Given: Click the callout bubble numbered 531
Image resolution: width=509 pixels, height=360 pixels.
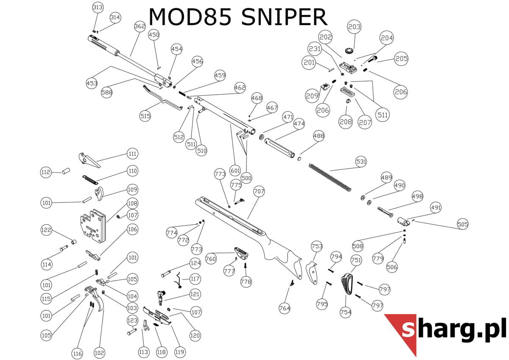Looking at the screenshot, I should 361,162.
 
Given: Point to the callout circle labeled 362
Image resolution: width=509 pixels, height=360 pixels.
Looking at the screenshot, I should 140,26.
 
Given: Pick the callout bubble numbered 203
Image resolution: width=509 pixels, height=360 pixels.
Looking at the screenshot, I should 354,27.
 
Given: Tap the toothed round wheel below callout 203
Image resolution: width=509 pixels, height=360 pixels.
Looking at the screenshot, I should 350,51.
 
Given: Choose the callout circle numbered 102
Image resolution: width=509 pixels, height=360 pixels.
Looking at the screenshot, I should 99,353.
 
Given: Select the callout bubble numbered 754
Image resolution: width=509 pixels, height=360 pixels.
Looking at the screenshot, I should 346,312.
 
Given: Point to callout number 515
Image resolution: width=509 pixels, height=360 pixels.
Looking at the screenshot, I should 145,115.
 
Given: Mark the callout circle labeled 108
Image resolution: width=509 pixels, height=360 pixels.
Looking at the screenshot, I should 133,203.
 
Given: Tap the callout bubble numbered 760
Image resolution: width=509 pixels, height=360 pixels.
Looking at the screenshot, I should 211,259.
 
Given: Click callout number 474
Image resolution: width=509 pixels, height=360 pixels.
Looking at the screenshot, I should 299,124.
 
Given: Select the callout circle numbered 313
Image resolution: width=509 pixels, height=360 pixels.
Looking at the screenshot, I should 98,8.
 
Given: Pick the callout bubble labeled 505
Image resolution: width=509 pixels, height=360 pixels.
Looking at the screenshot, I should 462,224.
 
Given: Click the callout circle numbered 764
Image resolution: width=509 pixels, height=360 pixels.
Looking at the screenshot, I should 284,308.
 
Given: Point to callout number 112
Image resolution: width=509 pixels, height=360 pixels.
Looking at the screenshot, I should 46,172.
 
